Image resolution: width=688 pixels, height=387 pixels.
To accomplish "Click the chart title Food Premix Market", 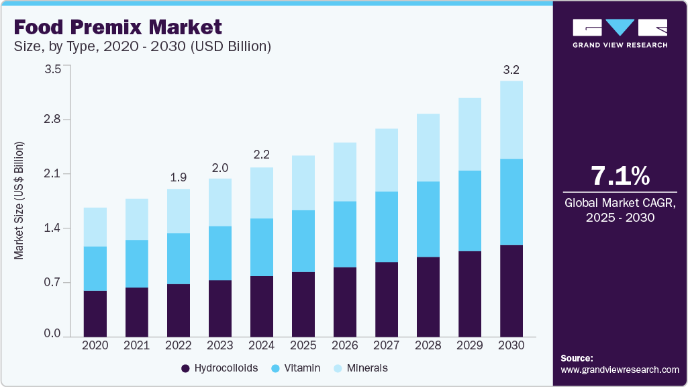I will pos(117,28).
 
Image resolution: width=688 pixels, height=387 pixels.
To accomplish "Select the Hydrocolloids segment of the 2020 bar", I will pos(95,313).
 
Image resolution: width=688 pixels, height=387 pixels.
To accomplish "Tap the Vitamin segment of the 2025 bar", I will pos(303,241).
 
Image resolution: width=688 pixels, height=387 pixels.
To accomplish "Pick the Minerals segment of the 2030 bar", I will pos(511,120).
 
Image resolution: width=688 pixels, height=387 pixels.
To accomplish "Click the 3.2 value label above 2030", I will pos(511,69).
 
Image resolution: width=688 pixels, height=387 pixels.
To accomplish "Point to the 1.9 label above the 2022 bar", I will pos(179,177).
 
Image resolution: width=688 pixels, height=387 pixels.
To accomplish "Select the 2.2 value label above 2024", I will pos(262,155).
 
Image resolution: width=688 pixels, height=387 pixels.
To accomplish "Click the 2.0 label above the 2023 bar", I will pos(220,167).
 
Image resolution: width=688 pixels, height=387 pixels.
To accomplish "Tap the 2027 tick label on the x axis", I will pos(387,345).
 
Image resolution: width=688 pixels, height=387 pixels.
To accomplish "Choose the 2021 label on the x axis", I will pos(137,345).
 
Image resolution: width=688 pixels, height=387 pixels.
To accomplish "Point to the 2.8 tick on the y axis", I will pos(52,120).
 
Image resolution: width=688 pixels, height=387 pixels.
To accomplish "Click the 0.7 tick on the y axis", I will pos(52,282).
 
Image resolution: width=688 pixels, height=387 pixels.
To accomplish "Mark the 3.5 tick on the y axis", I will pos(52,69).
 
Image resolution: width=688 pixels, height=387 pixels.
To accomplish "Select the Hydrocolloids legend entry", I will pos(219,368).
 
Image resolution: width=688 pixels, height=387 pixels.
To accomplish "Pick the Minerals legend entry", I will pos(360,368).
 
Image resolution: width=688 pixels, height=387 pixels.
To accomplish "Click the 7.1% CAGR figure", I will pos(620,176).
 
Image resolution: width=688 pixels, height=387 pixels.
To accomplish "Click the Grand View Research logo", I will pos(620,33).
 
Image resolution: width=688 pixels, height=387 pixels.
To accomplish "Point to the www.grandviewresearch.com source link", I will pos(620,370).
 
